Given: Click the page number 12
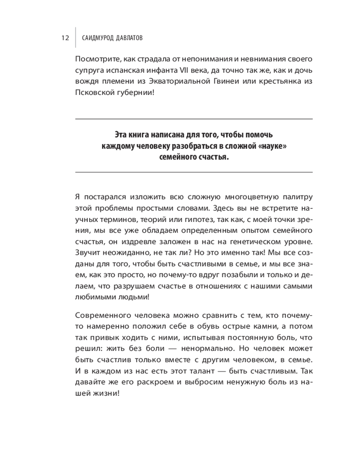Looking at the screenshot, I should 64,38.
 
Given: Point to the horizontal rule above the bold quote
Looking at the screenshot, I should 193,119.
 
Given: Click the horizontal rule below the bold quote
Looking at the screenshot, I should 193,172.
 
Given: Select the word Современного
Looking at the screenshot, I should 102,314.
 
